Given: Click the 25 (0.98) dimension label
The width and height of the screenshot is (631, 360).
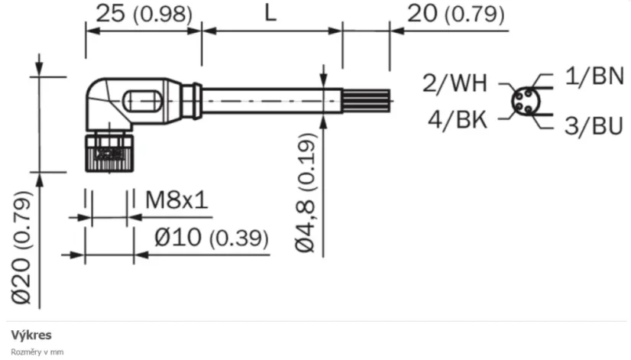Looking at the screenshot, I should tap(143, 14).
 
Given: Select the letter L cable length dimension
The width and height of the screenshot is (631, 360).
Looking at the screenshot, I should tap(271, 14).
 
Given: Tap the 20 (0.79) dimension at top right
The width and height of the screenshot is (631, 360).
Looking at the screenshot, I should tap(455, 14).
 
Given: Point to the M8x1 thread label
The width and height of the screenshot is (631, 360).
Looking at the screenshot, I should tap(176, 201).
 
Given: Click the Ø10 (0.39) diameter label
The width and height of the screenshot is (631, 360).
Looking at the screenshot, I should tap(211, 238).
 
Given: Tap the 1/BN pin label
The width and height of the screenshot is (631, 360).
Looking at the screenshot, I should tap(594, 76).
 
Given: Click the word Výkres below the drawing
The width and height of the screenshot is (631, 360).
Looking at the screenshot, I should tap(28, 335).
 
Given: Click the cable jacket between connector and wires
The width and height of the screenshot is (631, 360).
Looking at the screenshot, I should tap(267, 100).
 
